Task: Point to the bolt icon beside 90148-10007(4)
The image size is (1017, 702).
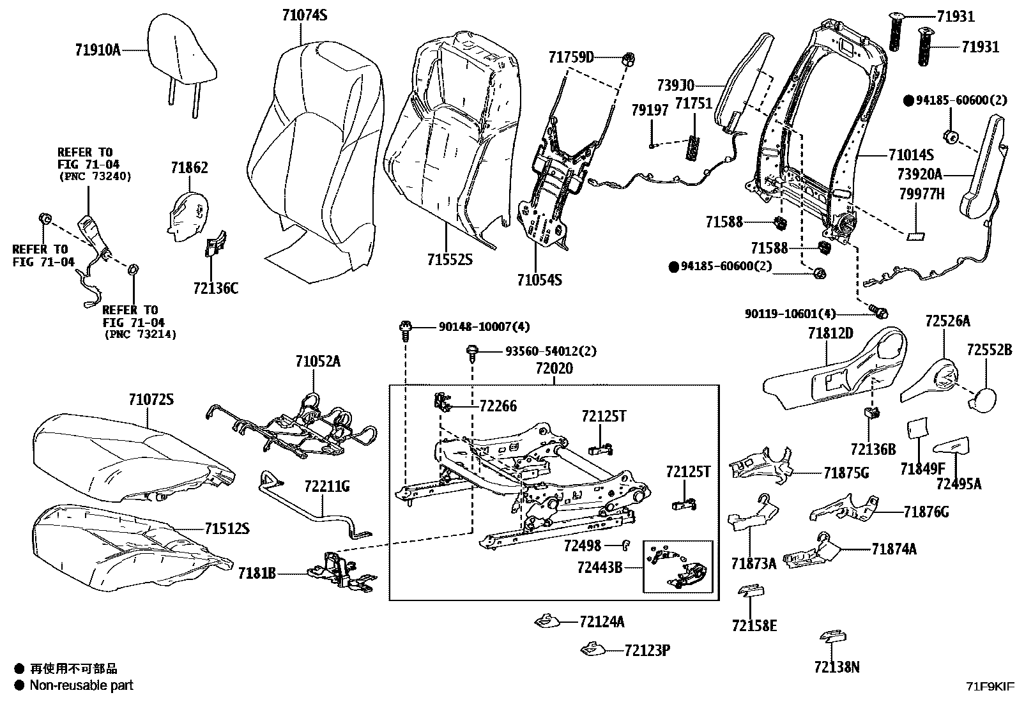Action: (x=405, y=329)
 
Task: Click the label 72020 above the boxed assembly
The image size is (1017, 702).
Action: (x=554, y=369)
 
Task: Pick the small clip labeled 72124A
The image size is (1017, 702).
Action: (x=547, y=620)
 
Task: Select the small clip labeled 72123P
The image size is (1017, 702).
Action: (x=592, y=650)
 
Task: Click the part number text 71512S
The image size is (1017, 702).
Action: (x=227, y=529)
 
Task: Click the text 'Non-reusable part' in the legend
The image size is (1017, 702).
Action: (x=82, y=685)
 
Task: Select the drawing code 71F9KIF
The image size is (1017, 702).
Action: (x=989, y=687)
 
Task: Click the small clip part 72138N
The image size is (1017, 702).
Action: (x=833, y=637)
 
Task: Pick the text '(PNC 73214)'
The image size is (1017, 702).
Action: (x=139, y=334)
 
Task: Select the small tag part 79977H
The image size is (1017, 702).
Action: (x=916, y=236)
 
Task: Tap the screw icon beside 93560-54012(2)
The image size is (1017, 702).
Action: (x=473, y=353)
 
